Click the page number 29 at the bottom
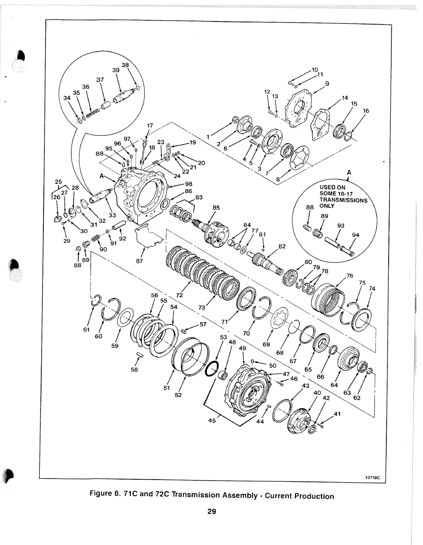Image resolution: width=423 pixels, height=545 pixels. (x=211, y=512)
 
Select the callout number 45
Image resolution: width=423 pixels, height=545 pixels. (x=212, y=421)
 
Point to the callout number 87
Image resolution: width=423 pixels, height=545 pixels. (x=139, y=261)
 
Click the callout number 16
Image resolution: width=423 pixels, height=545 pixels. (x=366, y=110)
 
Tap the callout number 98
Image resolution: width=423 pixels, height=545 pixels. (x=188, y=184)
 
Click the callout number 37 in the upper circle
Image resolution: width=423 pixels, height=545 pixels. (x=100, y=80)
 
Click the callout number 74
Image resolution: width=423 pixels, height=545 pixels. (x=372, y=288)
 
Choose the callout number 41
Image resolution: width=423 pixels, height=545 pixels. (x=337, y=414)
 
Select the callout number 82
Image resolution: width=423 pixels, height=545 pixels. (x=282, y=247)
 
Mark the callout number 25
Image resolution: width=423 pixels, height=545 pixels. (x=58, y=181)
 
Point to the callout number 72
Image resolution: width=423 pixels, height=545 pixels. (x=179, y=295)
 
